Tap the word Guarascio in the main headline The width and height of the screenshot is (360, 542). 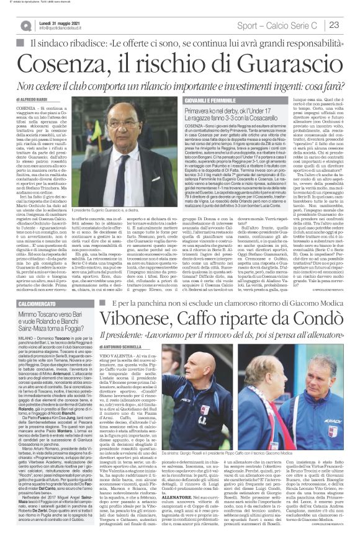276,65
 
